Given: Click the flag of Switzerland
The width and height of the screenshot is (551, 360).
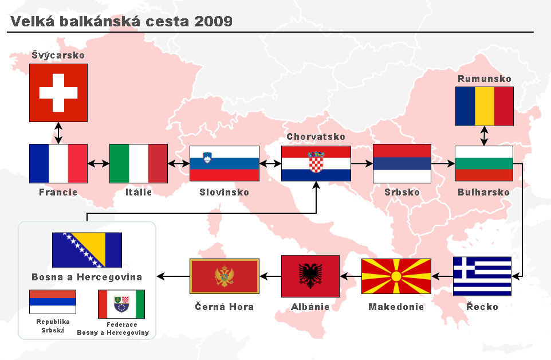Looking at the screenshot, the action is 58,93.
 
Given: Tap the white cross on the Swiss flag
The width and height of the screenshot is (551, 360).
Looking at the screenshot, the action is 58,93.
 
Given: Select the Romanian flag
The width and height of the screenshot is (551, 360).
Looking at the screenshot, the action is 484,106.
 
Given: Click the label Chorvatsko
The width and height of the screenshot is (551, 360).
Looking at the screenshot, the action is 316,137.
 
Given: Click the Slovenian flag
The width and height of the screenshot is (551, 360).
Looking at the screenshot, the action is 225,163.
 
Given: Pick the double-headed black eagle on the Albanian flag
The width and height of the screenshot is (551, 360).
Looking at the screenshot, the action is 310,276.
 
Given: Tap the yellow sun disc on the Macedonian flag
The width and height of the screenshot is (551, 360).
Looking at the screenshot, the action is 396,276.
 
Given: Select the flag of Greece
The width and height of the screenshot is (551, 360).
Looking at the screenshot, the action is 482,276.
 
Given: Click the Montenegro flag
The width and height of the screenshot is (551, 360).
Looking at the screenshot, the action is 225,276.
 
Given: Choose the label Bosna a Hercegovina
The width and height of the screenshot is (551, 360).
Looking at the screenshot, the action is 87,277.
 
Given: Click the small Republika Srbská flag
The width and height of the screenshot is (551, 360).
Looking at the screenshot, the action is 53,302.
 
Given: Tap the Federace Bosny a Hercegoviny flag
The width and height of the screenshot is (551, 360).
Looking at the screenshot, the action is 121,304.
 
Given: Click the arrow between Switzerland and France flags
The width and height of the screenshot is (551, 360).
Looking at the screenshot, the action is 58,133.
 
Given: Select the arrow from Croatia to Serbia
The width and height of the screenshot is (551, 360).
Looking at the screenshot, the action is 362,163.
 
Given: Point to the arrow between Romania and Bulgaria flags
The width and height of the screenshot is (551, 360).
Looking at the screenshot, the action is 484,136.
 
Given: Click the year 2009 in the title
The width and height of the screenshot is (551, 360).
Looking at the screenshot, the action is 213,21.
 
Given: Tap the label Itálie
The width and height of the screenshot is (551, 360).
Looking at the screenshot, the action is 139,192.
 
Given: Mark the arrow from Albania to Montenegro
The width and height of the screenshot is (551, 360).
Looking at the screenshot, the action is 270,276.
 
